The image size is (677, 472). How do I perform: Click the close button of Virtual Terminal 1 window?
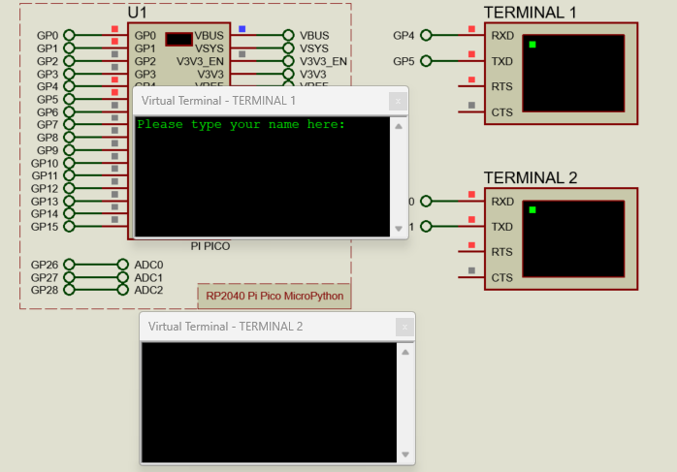(397, 101)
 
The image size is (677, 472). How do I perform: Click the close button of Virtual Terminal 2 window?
(403, 327)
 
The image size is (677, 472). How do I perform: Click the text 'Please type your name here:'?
(242, 125)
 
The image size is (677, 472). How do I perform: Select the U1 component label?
(138, 13)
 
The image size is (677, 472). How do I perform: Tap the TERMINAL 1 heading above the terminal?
(530, 13)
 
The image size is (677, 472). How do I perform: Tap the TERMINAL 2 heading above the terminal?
(530, 177)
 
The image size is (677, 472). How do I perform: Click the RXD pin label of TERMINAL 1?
(502, 35)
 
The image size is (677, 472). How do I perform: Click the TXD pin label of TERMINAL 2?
(502, 227)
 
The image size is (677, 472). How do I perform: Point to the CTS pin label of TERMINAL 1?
(501, 112)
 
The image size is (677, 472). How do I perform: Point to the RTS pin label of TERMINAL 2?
(501, 252)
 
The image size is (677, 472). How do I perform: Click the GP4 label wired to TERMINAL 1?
(403, 36)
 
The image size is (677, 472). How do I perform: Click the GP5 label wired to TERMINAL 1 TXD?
(403, 61)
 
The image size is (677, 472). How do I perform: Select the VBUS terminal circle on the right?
(288, 36)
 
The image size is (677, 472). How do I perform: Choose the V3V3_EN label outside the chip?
(325, 61)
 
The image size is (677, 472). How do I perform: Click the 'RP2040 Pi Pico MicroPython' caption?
(274, 296)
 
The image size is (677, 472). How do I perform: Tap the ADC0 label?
(148, 265)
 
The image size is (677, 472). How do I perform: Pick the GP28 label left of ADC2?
(44, 290)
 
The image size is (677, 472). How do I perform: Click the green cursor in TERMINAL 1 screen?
(532, 45)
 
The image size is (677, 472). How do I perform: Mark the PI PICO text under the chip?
(210, 246)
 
